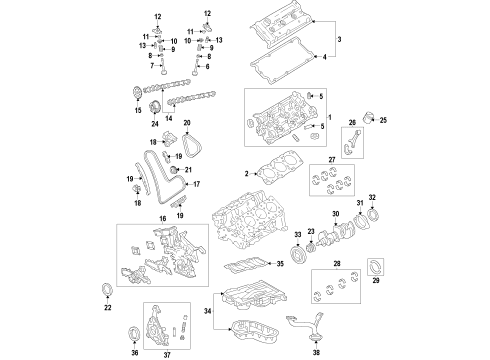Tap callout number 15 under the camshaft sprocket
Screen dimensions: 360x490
(x=126, y=110)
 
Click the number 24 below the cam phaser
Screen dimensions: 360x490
(x=155, y=124)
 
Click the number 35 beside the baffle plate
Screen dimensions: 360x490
(x=283, y=264)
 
